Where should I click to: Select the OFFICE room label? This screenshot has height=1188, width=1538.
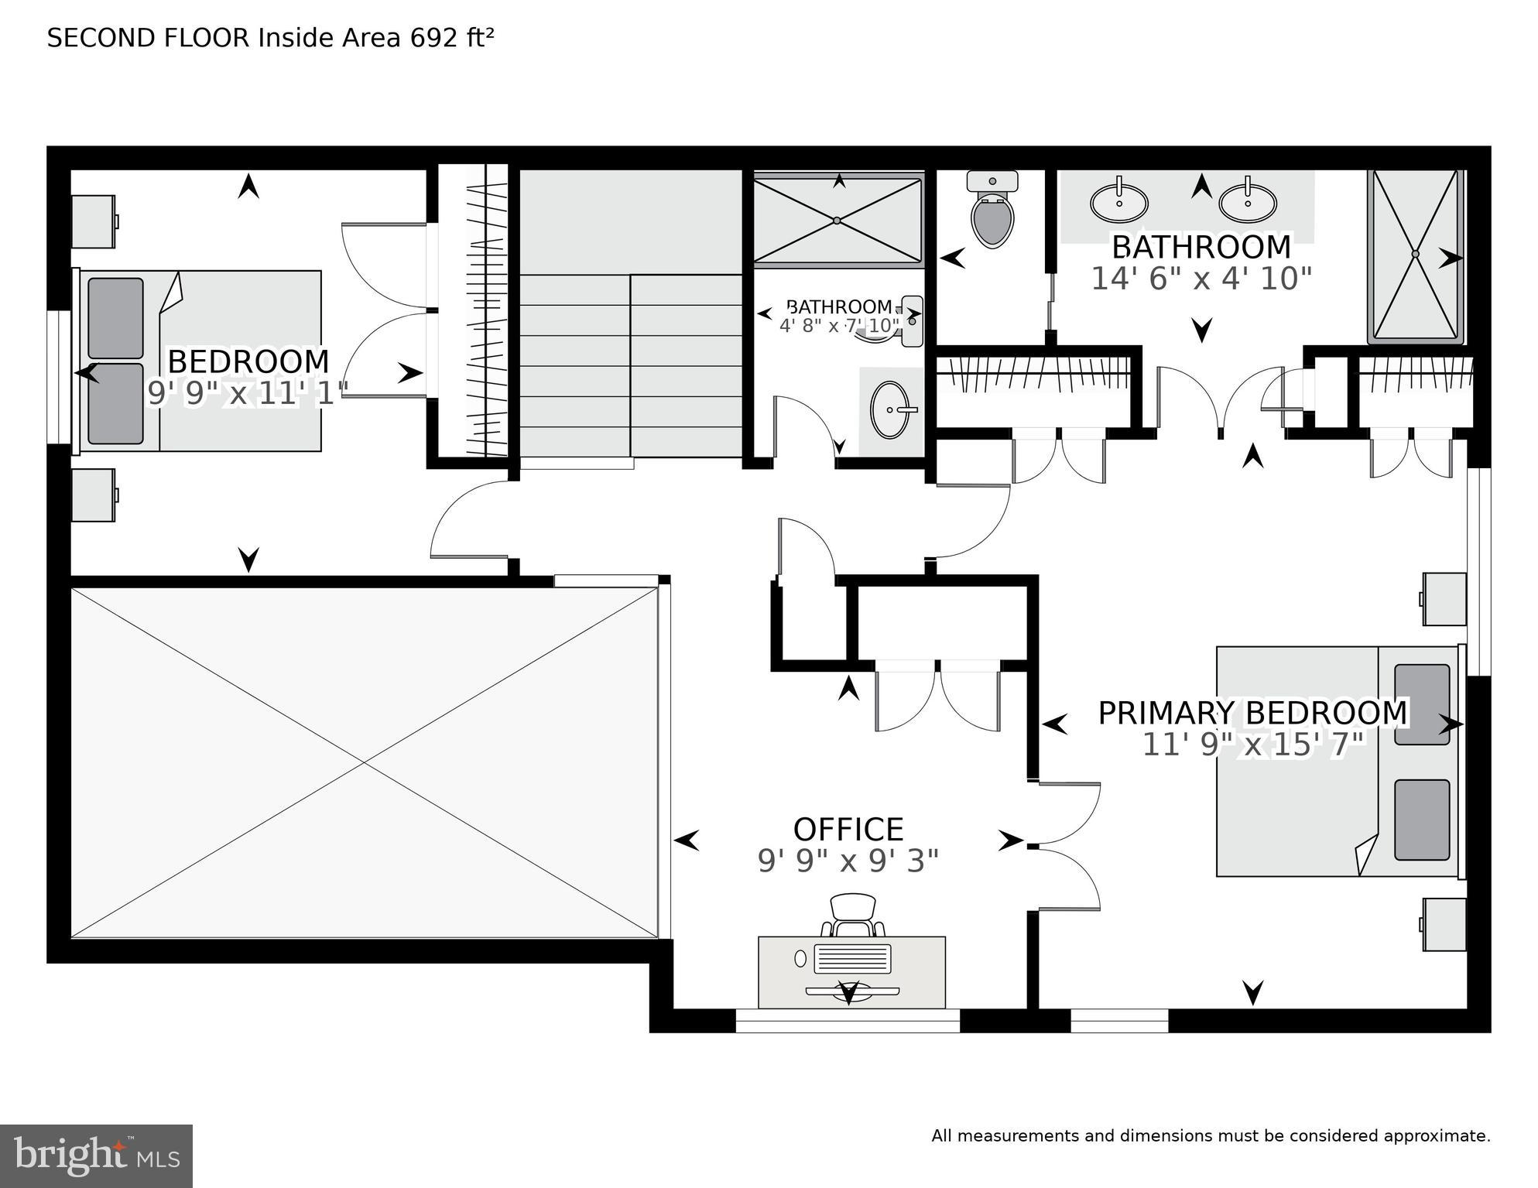pos(848,830)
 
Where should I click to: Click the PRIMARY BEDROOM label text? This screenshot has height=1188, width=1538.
pos(1252,713)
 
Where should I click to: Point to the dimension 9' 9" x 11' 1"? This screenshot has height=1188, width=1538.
pos(248,393)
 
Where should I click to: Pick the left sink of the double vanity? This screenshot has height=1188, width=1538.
pos(1119,204)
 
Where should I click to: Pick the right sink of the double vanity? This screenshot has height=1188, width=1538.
pos(1248,204)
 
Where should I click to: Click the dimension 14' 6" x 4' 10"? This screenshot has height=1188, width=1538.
pos(1201,279)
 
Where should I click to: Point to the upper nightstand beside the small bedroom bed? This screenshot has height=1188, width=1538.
pos(94,221)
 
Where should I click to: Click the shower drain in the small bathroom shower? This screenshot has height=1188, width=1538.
pos(838,221)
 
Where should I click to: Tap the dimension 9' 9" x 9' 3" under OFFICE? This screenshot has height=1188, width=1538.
pos(848,861)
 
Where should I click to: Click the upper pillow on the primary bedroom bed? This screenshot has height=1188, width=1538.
pos(1422,704)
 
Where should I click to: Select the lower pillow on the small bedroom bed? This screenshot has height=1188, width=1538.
pos(115,403)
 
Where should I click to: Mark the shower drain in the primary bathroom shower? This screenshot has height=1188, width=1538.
pos(1415,254)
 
